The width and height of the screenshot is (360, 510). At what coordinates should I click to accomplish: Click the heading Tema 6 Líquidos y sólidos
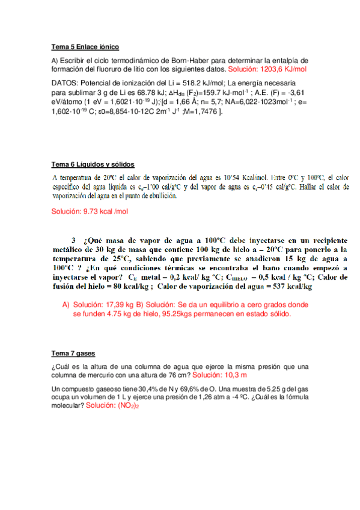click(x=93, y=165)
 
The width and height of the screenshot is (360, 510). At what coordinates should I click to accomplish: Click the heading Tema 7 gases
click(x=73, y=353)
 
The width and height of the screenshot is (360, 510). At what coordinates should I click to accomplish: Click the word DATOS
click(x=64, y=82)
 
